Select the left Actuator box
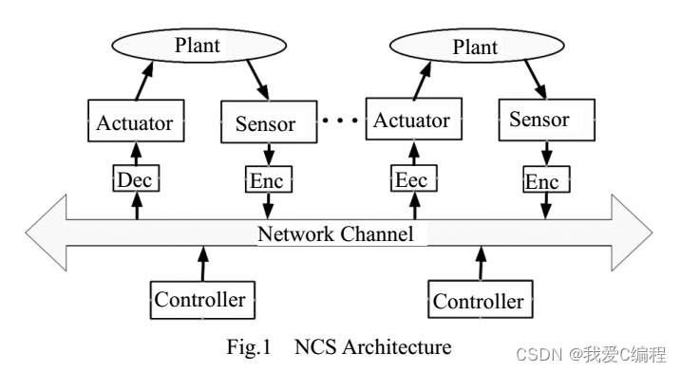[135, 121]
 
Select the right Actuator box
[411, 121]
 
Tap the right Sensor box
[539, 120]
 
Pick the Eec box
[411, 177]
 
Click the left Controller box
[200, 300]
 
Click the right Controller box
[478, 301]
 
